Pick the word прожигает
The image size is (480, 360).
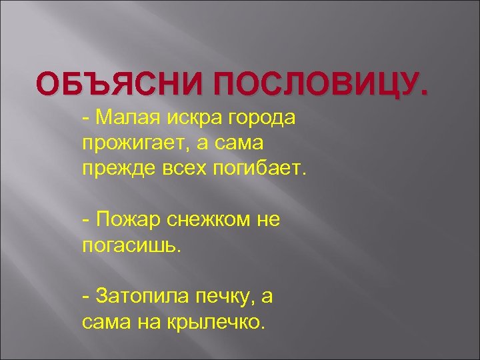tap(133, 142)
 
